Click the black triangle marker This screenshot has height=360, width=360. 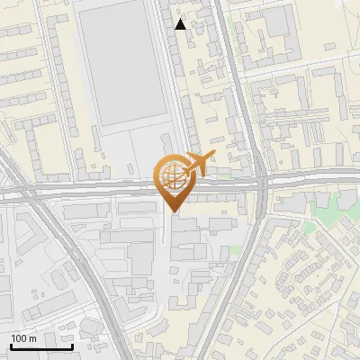(x=181, y=24)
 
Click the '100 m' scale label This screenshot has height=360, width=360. (x=23, y=337)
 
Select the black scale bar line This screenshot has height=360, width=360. (x=41, y=347)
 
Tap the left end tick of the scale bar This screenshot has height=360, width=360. (x=11, y=346)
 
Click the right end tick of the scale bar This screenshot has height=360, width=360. (x=72, y=346)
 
